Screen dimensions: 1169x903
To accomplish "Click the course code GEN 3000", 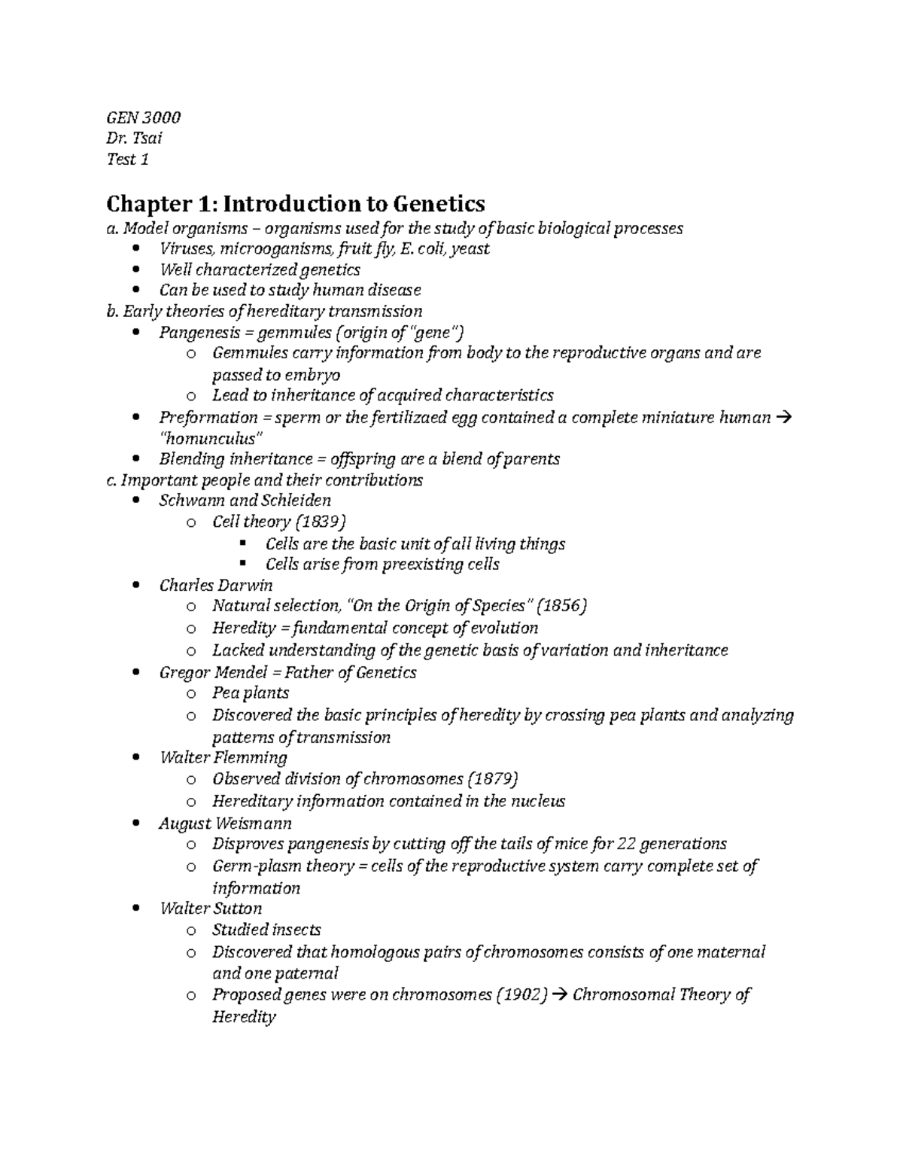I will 144,117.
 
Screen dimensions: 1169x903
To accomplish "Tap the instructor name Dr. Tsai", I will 135,139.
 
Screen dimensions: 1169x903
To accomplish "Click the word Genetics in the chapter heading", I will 439,203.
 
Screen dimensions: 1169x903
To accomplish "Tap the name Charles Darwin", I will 216,585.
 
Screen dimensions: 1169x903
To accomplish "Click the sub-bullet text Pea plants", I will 251,693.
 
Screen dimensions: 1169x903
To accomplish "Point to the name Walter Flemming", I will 223,757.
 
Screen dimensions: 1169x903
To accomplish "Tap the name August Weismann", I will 226,823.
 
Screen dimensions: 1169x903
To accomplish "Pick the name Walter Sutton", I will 211,908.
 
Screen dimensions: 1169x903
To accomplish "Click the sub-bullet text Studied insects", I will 266,930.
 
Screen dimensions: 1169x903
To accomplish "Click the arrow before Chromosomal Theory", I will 558,995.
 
